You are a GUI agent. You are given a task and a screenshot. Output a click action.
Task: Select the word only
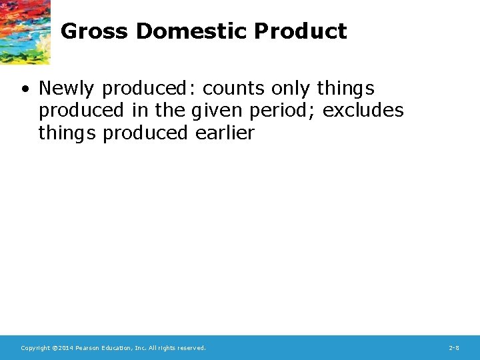click(291, 89)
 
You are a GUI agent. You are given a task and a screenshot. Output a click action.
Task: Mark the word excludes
click(363, 111)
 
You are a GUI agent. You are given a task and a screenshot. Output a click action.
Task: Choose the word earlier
click(225, 133)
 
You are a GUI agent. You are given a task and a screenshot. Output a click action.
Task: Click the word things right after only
click(345, 89)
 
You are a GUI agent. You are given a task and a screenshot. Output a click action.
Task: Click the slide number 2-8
click(454, 348)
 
